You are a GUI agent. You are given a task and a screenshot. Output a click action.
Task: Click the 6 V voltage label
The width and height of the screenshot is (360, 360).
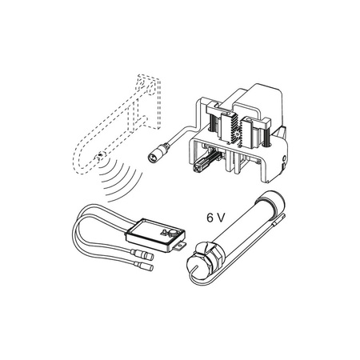pyautogui.click(x=215, y=218)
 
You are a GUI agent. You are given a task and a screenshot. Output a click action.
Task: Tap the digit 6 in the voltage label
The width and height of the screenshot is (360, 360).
pyautogui.click(x=210, y=218)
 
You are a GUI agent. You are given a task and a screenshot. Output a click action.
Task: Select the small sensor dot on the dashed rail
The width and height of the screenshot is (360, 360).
pyautogui.click(x=100, y=154)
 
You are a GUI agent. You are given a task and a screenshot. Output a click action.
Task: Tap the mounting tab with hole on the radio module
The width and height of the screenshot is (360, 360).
pyautogui.click(x=181, y=245)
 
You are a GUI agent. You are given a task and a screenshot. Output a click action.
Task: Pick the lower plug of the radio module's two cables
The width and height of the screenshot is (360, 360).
pyautogui.click(x=145, y=266)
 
